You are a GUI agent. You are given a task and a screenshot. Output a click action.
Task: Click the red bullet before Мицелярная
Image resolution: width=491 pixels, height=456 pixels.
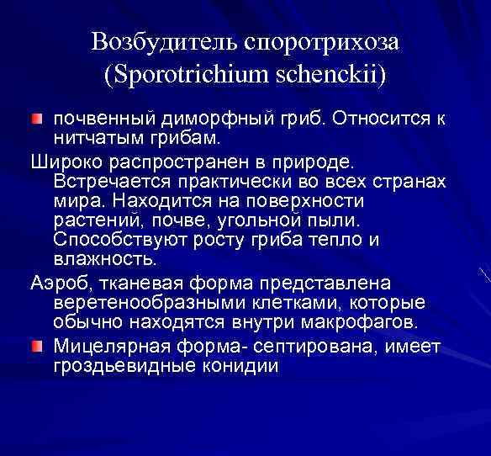pyautogui.click(x=37, y=347)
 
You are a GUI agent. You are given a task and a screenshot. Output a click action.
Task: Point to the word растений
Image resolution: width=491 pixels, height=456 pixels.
pyautogui.click(x=93, y=220)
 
